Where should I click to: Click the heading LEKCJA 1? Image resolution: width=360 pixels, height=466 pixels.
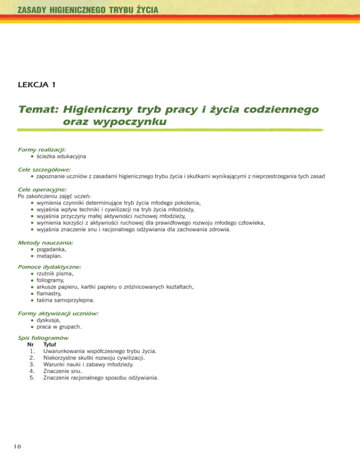pos(37,85)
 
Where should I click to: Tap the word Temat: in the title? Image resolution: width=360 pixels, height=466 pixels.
pos(37,110)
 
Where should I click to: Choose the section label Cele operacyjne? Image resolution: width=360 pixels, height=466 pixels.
pos(42,189)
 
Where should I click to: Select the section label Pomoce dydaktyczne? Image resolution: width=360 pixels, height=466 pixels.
pos(49,267)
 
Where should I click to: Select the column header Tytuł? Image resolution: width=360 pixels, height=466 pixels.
pos(49,344)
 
